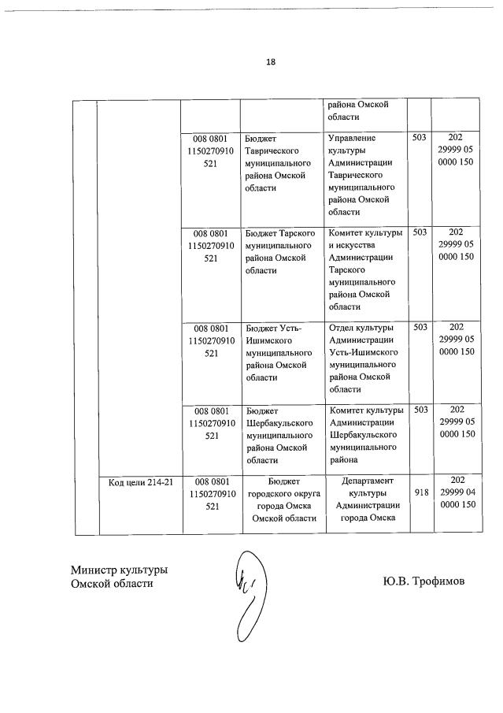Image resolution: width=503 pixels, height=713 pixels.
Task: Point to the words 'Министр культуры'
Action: [119, 570]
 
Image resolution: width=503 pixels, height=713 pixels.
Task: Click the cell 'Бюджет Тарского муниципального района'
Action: [281, 252]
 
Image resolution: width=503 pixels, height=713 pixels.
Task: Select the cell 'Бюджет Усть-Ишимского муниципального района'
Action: [281, 352]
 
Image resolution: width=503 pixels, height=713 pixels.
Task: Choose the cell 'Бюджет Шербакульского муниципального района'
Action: [281, 435]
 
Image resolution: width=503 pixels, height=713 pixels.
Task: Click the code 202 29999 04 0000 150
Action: [456, 492]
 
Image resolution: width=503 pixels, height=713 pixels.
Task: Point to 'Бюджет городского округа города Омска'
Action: [281, 499]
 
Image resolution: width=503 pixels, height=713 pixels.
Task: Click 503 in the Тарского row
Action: [420, 232]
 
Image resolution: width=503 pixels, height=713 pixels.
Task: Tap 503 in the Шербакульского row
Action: [420, 410]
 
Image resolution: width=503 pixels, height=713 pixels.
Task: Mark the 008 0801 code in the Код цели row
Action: [210, 493]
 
